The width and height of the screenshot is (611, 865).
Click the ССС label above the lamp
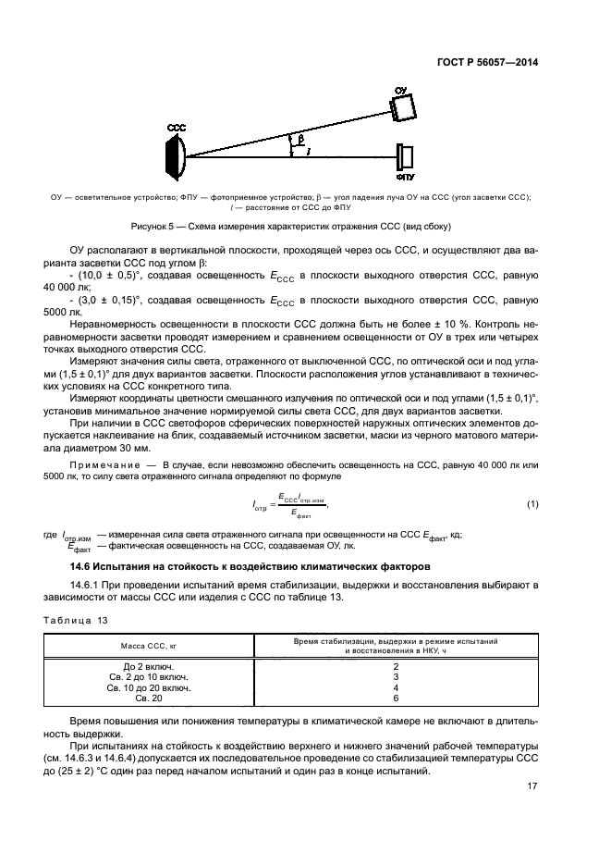tap(176, 126)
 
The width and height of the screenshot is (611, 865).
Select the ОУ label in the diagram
tap(401, 91)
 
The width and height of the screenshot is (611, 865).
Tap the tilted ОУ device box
tap(403, 108)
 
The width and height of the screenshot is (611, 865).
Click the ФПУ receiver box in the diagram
tap(405, 154)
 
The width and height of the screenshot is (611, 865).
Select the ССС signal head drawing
tap(177, 154)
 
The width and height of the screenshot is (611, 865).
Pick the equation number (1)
tap(532, 503)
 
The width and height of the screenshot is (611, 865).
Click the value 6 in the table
tap(396, 699)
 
